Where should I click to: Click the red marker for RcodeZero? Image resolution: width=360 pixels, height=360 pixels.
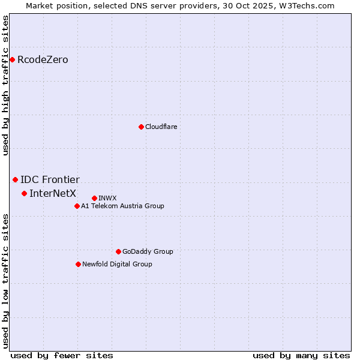pyautogui.click(x=12, y=59)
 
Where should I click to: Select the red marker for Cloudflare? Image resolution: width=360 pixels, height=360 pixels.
pyautogui.click(x=141, y=127)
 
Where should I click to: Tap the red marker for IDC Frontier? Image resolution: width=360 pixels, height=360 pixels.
pyautogui.click(x=15, y=179)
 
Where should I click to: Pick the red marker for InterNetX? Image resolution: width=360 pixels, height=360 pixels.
pyautogui.click(x=24, y=193)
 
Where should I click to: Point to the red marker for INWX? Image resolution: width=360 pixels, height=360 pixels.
pyautogui.click(x=94, y=198)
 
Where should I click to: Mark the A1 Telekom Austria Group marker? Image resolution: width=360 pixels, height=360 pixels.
pyautogui.click(x=77, y=206)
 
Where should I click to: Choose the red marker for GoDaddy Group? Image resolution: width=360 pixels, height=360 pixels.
pyautogui.click(x=118, y=251)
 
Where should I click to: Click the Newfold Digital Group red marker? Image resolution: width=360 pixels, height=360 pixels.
pyautogui.click(x=78, y=264)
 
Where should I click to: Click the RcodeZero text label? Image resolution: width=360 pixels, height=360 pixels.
pyautogui.click(x=43, y=60)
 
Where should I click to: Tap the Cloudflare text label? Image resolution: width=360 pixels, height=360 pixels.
pyautogui.click(x=161, y=127)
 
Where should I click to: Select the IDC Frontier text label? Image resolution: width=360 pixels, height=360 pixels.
pyautogui.click(x=50, y=180)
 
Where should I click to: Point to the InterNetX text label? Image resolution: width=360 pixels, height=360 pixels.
pyautogui.click(x=53, y=193)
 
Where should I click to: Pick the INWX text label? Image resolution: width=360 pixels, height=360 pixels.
pyautogui.click(x=107, y=198)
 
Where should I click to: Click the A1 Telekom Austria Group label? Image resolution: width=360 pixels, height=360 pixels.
pyautogui.click(x=122, y=206)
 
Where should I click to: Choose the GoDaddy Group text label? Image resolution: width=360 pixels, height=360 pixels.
pyautogui.click(x=148, y=251)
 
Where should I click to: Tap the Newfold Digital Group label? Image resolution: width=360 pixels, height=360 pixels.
pyautogui.click(x=117, y=264)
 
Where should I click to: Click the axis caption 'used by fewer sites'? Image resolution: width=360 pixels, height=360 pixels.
pyautogui.click(x=62, y=355)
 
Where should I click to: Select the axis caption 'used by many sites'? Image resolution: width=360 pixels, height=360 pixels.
pyautogui.click(x=301, y=355)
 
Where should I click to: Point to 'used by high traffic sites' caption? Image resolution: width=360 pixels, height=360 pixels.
pyautogui.click(x=5, y=85)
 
